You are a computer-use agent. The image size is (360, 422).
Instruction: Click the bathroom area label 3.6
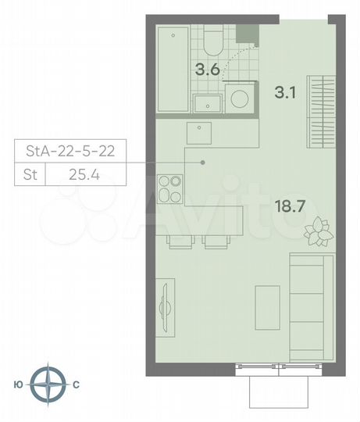tap(207, 68)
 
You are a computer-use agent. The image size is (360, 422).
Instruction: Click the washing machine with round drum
tap(239, 99)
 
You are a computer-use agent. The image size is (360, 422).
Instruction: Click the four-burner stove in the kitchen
tap(170, 187)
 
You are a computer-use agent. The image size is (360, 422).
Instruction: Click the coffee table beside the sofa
tap(267, 306)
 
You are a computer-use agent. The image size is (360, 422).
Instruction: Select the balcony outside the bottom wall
tap(279, 388)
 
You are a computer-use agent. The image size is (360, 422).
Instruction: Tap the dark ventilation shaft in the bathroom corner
tap(246, 33)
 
